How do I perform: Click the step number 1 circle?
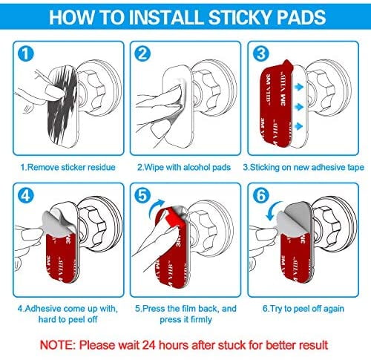tap(26, 53)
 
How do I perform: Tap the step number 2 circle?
tap(142, 53)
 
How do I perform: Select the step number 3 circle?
tap(260, 53)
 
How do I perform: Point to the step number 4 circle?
tap(26, 196)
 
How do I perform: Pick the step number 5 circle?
tap(142, 196)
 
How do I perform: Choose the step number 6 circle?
tap(260, 196)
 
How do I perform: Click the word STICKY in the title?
tap(240, 17)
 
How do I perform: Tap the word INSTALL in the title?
tap(165, 17)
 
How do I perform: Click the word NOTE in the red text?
tap(57, 345)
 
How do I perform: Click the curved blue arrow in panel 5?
tap(156, 207)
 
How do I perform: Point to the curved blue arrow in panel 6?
tap(274, 211)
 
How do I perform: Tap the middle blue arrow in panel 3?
tap(299, 107)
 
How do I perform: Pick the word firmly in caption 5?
tap(200, 320)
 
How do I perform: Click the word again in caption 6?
tap(333, 309)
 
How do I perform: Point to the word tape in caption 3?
tap(355, 168)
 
